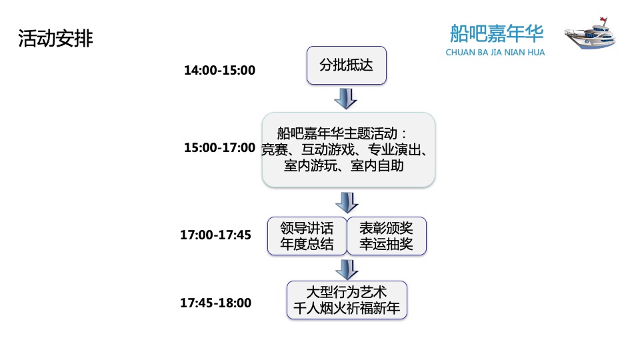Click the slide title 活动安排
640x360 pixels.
point(55,39)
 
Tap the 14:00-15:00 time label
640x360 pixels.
point(219,70)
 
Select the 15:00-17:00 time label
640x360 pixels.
point(219,147)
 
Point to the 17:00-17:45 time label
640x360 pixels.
point(215,235)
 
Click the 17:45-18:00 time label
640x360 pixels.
point(215,303)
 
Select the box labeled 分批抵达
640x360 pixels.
point(346,65)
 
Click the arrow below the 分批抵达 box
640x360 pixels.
point(345,99)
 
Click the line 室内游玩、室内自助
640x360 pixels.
point(343,165)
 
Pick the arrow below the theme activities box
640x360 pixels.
point(346,202)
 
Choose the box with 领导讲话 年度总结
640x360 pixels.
point(307,235)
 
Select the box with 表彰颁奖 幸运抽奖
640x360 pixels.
point(386,235)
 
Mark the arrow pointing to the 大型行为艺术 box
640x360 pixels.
point(346,269)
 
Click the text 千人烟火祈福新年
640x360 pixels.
point(347,309)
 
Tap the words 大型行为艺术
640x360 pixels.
point(347,293)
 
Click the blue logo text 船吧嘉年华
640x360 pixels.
point(497,33)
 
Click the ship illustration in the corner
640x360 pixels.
point(589,35)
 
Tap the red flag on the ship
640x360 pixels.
point(604,17)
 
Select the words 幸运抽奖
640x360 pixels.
point(386,244)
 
